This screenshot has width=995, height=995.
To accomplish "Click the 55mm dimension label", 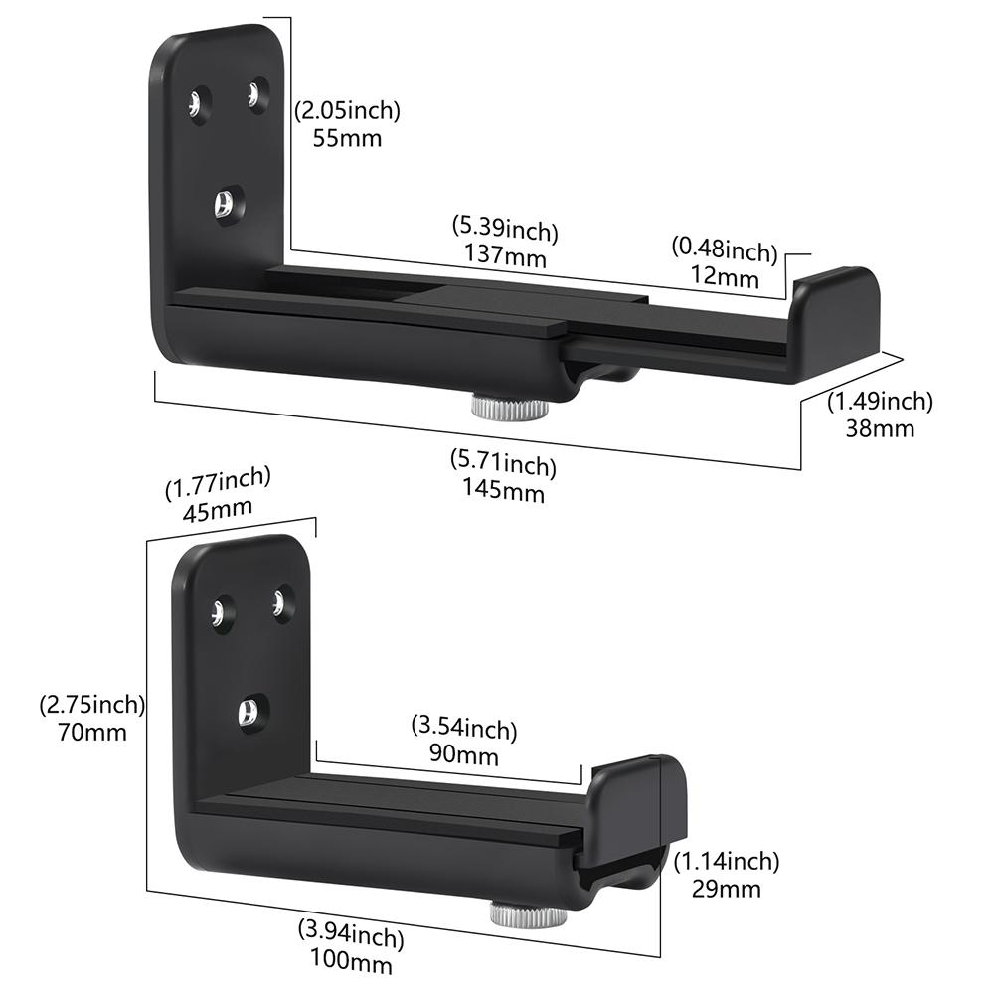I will click(347, 138).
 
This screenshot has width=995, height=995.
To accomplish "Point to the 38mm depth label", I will click(880, 428).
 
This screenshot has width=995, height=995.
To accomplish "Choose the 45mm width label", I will click(217, 509).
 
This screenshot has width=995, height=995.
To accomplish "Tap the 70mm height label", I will click(92, 733).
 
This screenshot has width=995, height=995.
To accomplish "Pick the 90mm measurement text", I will click(464, 755).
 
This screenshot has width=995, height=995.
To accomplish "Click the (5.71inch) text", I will click(504, 462).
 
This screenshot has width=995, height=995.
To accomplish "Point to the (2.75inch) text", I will click(92, 706).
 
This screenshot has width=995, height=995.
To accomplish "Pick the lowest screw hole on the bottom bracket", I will click(249, 711).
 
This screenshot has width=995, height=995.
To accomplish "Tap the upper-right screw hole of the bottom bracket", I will click(281, 602).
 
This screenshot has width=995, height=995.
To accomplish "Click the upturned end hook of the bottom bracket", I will click(636, 805).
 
